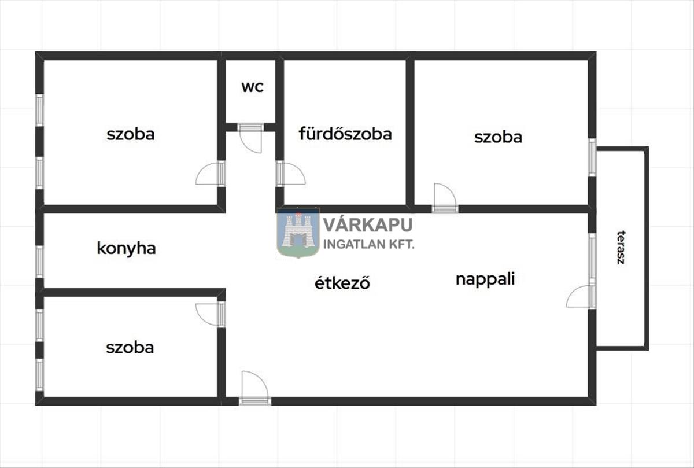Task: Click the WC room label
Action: pos(253,87)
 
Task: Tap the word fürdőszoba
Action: pos(345,134)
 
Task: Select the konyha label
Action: pos(127,249)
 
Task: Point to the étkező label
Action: pos(342,282)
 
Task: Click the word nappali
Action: pos(485,279)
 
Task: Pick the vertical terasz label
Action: pos(621,248)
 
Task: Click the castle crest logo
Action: pos(298,233)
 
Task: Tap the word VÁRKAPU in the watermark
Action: pos(368,224)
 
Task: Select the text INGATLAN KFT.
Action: pos(369,245)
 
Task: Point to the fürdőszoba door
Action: pos(291,174)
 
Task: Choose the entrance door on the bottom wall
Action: pos(254,388)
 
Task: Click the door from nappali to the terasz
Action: pos(581,296)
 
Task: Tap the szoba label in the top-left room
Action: pos(131,135)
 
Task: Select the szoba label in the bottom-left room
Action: pos(130,348)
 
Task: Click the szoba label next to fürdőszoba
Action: pos(498,137)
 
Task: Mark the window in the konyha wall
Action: pos(39,261)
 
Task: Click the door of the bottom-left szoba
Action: pos(211,314)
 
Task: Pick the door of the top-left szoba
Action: pos(211,174)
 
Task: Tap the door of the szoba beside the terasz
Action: pos(445,198)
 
